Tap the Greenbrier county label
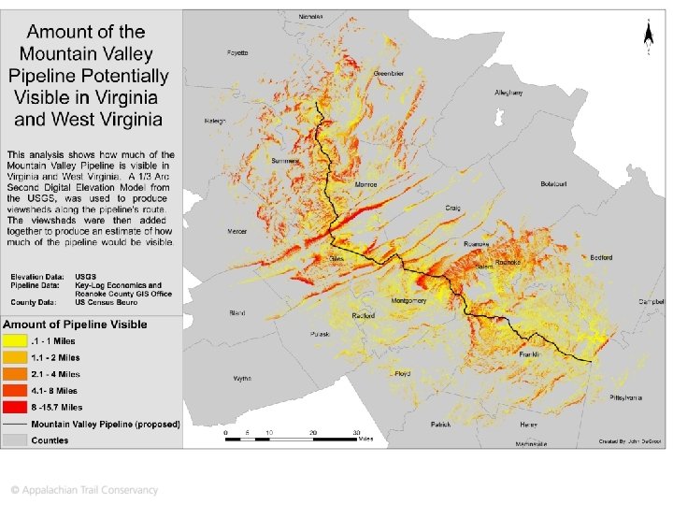tap(388, 73)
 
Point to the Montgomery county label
tap(408, 300)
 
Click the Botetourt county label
tap(554, 183)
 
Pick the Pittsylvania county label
tap(625, 397)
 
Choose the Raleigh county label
tap(216, 122)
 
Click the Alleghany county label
tap(508, 93)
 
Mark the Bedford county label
tap(602, 257)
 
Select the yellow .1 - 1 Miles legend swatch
tap(16, 340)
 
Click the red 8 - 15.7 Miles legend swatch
tap(16, 407)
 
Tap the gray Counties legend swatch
tap(16, 440)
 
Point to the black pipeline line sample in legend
tap(16, 424)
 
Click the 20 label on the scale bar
tap(313, 433)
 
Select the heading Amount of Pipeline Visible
tap(75, 325)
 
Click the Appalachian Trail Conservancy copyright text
tap(84, 489)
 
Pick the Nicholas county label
tap(310, 17)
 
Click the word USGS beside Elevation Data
tap(86, 277)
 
